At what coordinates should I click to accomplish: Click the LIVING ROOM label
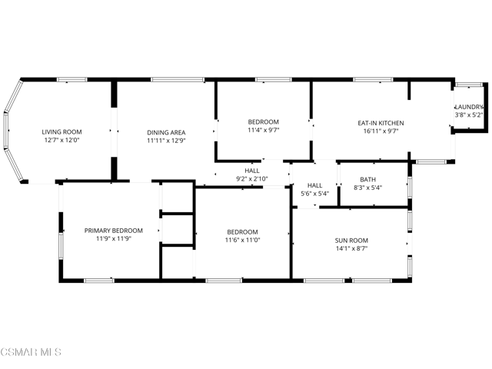point(61,132)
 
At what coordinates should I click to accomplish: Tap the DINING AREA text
point(166,132)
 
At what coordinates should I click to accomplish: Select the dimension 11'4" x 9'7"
point(263,131)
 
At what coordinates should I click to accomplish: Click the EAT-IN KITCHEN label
point(381,123)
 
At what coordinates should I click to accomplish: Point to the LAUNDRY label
point(469,107)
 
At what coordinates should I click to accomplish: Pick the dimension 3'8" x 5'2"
point(469,115)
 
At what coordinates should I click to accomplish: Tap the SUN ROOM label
point(351,240)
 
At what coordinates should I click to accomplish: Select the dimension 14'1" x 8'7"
point(351,249)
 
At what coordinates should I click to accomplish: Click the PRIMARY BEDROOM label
point(114,231)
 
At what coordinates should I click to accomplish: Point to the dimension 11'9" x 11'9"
point(114,240)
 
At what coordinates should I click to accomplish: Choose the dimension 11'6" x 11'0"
point(242,241)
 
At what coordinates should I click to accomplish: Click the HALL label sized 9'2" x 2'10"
point(252,171)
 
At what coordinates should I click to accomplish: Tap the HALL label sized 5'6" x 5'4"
point(314,185)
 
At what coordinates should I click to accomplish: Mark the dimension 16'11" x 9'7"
point(381,131)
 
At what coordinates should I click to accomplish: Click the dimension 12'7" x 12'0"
point(61,141)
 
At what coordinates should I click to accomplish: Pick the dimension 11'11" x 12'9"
point(166,141)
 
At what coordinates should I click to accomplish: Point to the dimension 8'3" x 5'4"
point(367,188)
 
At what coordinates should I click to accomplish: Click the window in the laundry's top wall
point(469,84)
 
